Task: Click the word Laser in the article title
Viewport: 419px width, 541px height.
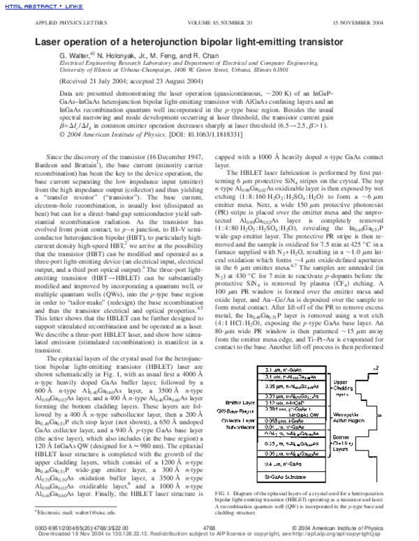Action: pyautogui.click(x=41, y=41)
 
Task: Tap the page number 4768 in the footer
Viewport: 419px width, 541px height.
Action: pyautogui.click(x=209, y=528)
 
